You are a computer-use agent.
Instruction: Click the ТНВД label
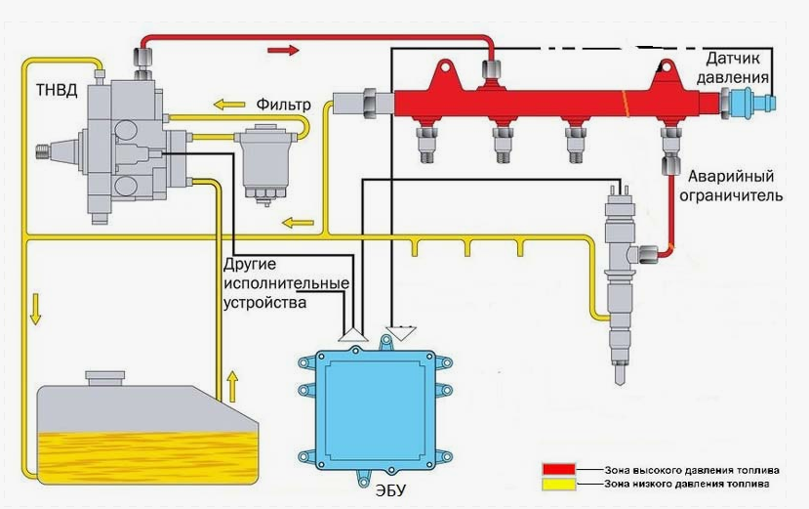tap(57, 91)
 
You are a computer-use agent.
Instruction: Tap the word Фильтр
tap(283, 105)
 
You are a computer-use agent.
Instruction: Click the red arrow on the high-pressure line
tap(283, 50)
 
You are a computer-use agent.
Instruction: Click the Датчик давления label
tap(733, 67)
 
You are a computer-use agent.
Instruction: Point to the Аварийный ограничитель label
tap(731, 186)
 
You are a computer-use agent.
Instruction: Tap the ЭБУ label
tap(390, 490)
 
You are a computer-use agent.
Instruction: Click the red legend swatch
tap(558, 469)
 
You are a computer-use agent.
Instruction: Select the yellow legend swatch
tap(558, 485)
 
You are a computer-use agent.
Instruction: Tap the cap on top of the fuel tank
tap(105, 378)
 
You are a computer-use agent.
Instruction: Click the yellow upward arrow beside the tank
tap(232, 386)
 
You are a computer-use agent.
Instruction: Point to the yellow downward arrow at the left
tap(35, 309)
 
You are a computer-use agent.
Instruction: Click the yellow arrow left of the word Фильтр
tap(229, 105)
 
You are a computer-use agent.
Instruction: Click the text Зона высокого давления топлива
tap(692, 470)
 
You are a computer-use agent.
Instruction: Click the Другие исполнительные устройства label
tap(286, 283)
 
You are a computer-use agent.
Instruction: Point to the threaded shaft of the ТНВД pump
tap(46, 152)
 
